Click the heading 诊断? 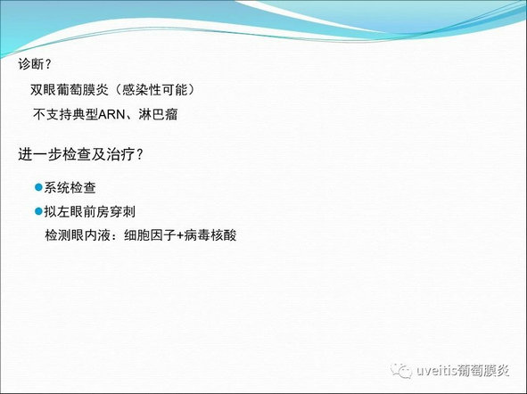click(34, 64)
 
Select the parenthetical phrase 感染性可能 click(154, 90)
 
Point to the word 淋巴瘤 click(158, 114)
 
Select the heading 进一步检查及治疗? click(80, 154)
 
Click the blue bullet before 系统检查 click(38, 187)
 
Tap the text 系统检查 click(70, 187)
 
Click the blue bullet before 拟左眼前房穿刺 click(38, 211)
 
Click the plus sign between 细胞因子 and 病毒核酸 click(180, 235)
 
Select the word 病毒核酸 click(210, 235)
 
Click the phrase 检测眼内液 click(78, 235)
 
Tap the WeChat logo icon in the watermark click(401, 371)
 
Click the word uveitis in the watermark click(437, 371)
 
